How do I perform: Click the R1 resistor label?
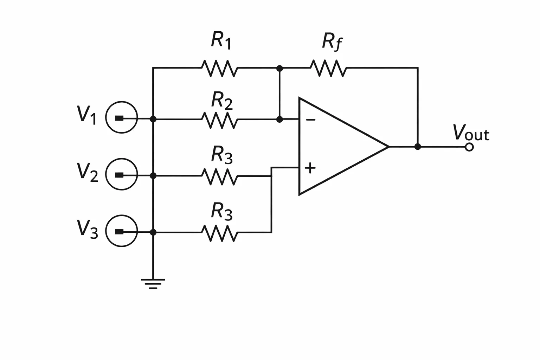pos(221,40)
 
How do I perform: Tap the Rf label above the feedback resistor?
pos(332,41)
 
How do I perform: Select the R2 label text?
pos(222,101)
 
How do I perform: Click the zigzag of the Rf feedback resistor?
pos(328,68)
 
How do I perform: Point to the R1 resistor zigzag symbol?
pos(219,69)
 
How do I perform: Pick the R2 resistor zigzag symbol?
pos(219,120)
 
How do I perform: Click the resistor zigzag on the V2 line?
pos(219,177)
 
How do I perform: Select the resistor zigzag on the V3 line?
pos(219,233)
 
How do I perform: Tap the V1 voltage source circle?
pos(122,102)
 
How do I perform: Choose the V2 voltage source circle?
pos(122,159)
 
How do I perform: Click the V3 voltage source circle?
pos(122,215)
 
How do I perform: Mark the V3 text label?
pos(87,229)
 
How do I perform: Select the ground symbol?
pos(153,284)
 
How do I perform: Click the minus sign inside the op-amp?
pos(310,120)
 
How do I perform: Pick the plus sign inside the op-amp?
pos(310,168)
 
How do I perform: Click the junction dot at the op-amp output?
pos(418,147)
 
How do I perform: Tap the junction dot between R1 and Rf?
pos(279,69)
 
